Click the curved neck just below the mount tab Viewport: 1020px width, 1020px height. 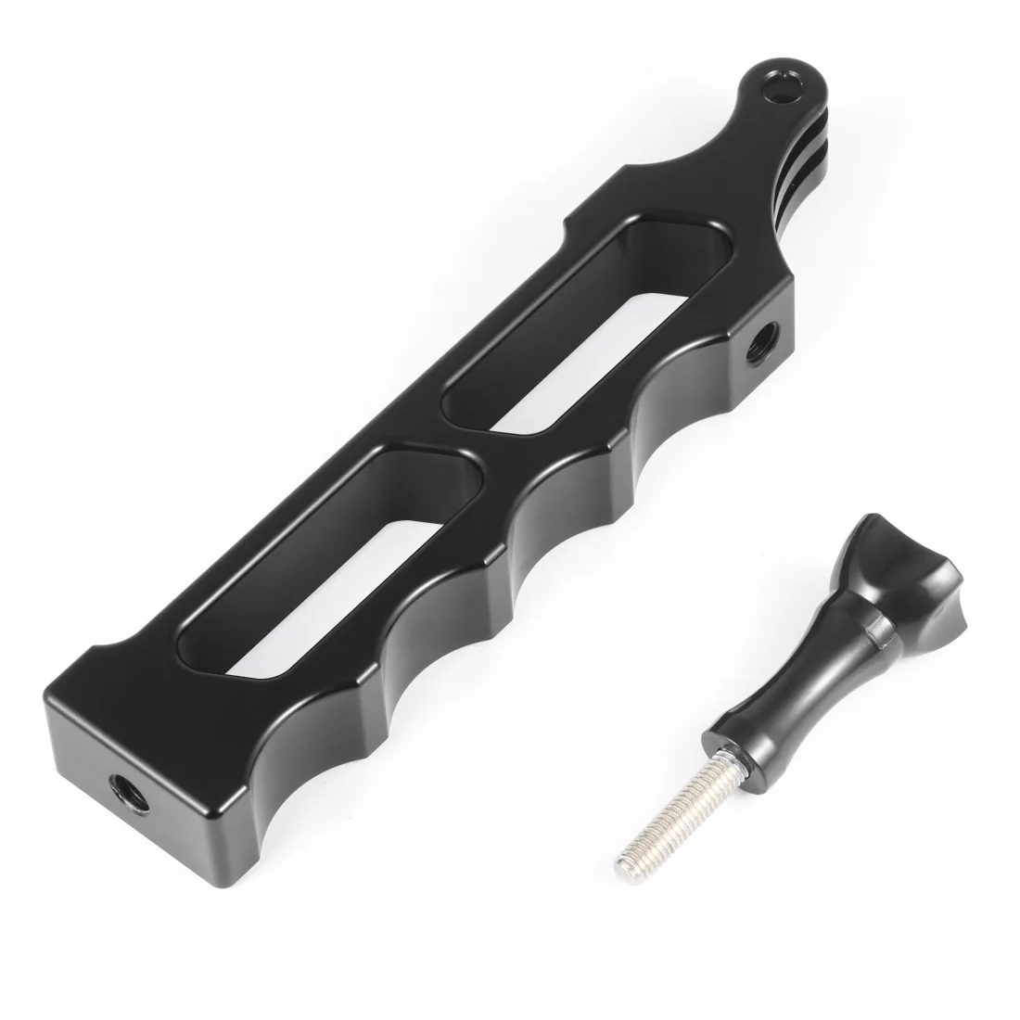point(733,185)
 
